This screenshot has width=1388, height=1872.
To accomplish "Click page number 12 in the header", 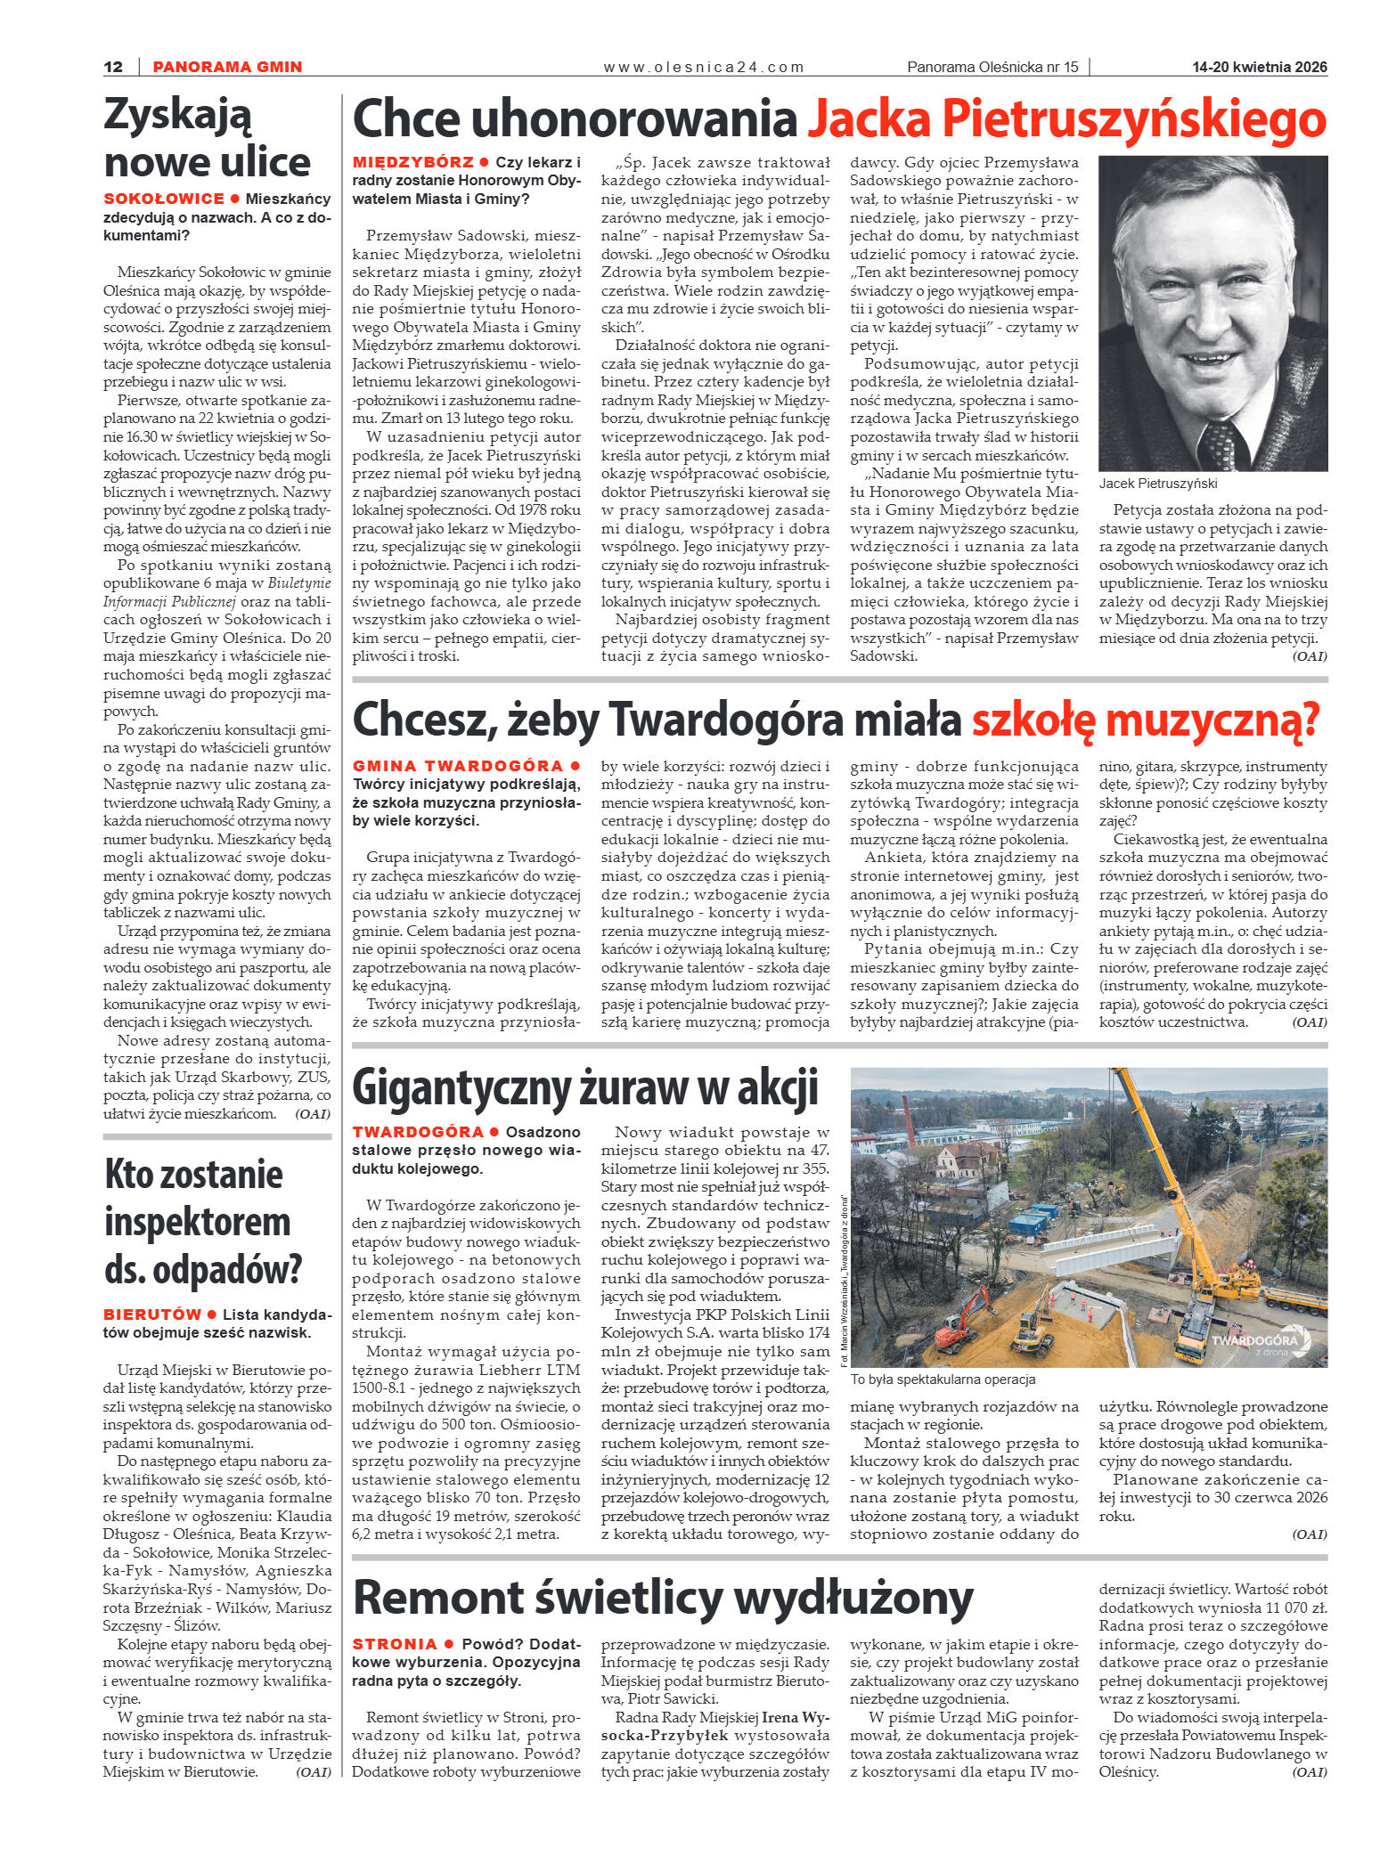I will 113,67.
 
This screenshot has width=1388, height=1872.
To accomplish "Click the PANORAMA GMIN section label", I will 227,67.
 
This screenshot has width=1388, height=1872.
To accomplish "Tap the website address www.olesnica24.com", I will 703,67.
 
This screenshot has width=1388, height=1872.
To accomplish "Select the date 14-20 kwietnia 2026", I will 1259,67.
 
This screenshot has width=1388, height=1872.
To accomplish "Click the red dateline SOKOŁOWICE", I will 164,199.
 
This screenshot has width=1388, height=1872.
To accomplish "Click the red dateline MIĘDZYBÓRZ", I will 413,162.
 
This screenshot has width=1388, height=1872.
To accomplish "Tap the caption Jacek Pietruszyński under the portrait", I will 1157,484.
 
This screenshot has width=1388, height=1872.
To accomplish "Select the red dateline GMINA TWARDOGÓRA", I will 458,766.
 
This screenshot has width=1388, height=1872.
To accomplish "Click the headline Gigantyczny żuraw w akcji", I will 585,1088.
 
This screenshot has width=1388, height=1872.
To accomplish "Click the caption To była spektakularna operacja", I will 943,1380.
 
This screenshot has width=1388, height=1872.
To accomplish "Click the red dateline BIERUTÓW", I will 152,1314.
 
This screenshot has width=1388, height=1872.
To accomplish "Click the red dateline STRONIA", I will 395,1644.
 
